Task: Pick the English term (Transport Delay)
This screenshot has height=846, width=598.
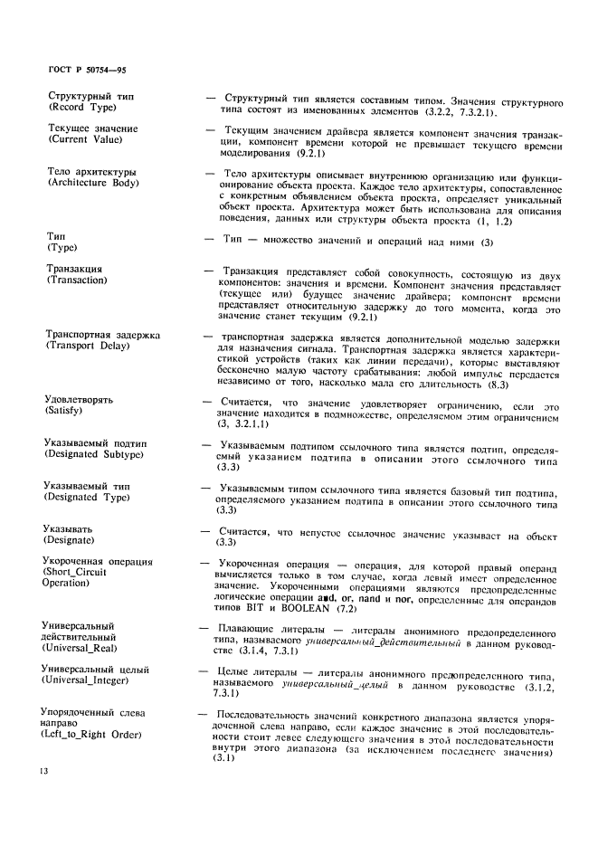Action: pos(93,347)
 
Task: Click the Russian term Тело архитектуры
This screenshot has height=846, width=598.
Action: pos(91,172)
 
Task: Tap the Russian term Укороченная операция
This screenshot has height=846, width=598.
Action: pos(99,563)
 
